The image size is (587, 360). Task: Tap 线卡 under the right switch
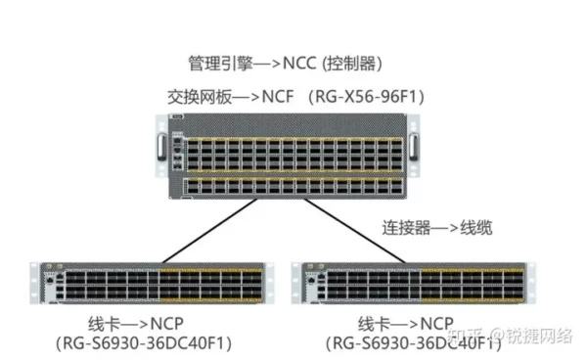pos(375,324)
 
